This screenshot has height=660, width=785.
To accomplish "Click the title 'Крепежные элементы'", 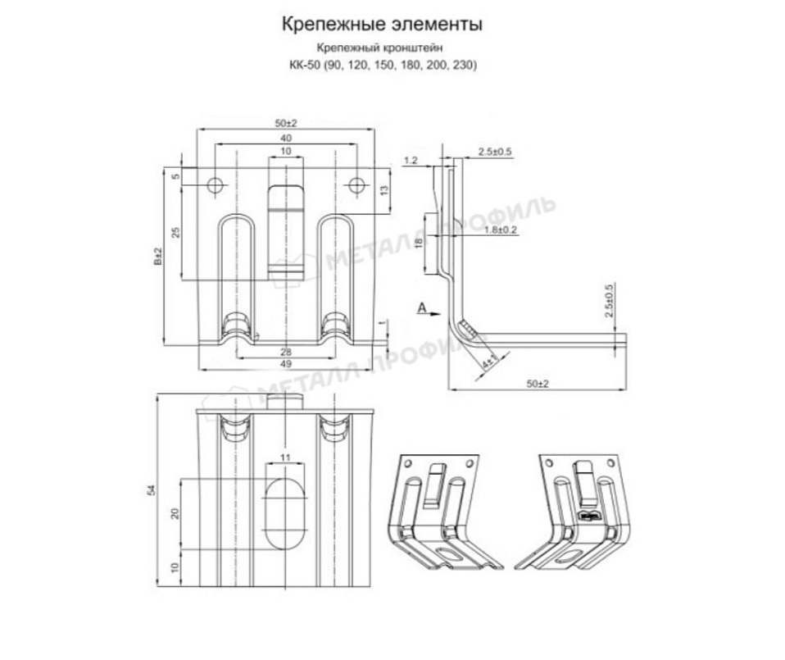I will [x=382, y=25].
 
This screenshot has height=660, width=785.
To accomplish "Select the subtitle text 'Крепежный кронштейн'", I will [x=382, y=49].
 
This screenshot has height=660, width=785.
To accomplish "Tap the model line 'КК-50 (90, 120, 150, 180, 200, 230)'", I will [x=382, y=65].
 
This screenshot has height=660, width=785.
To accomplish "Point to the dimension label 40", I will [x=285, y=138].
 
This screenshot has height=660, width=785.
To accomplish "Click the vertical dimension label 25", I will [x=175, y=232].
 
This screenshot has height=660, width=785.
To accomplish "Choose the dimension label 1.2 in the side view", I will [x=411, y=161].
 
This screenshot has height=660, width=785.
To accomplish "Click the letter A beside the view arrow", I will [x=420, y=307].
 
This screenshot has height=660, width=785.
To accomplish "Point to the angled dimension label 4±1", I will [x=489, y=359].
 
